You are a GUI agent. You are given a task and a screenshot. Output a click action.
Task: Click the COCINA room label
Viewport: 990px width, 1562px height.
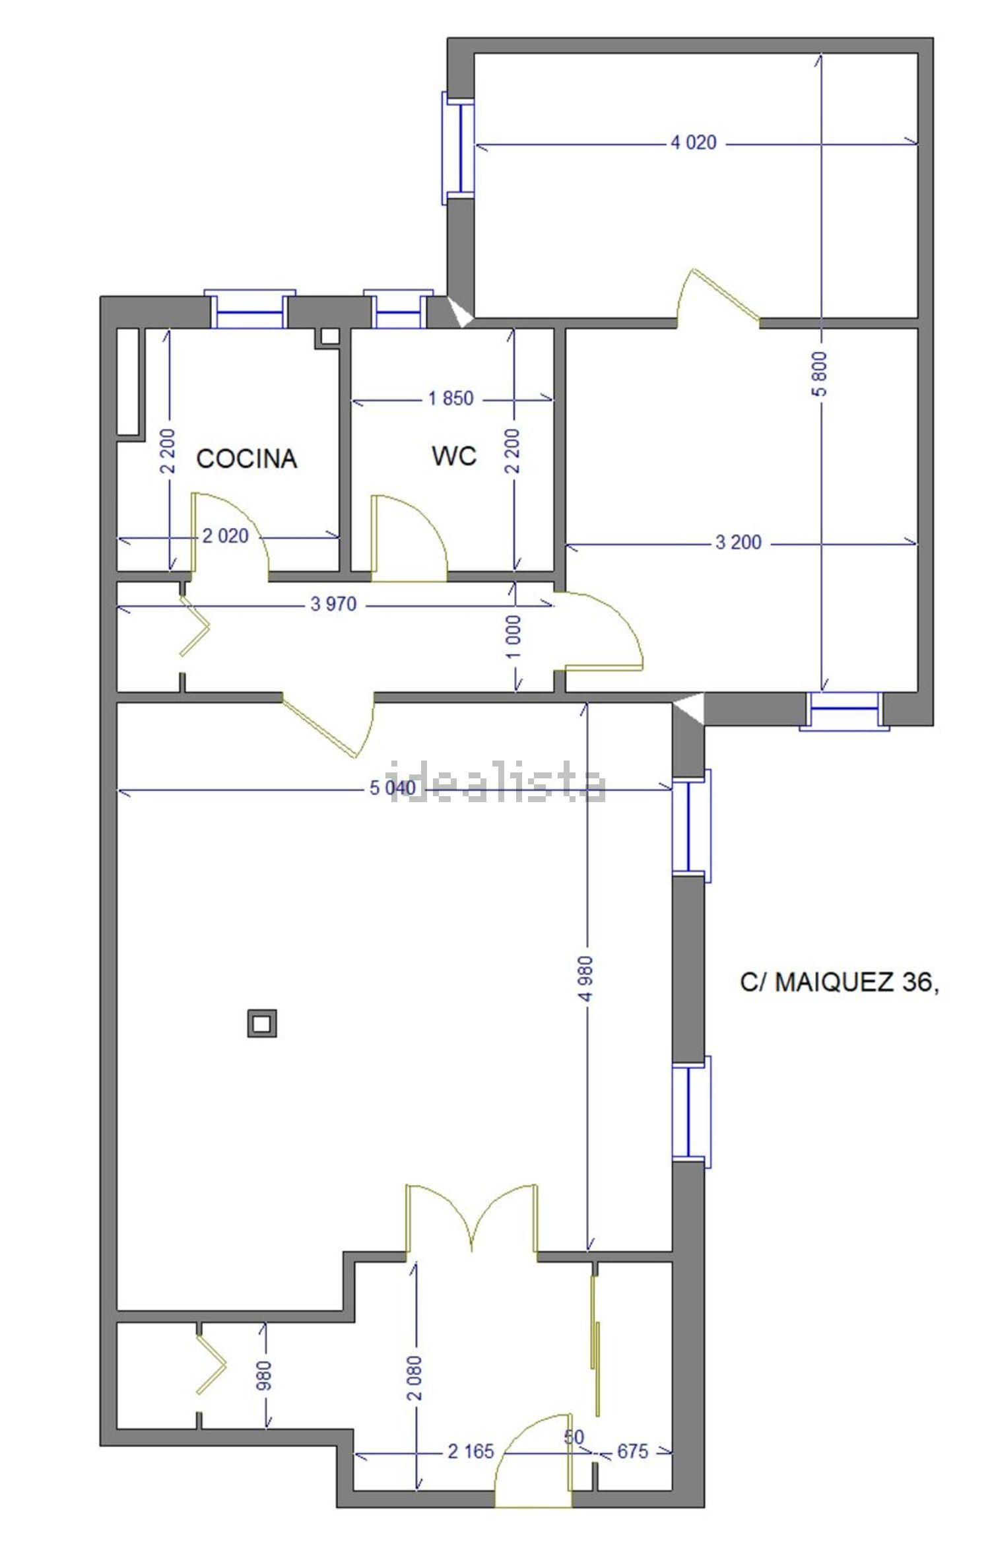coord(246,458)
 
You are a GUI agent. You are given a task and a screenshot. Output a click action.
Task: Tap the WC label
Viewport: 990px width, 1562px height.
coord(454,456)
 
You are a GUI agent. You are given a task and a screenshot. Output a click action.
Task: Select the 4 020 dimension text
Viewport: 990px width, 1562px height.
coord(693,143)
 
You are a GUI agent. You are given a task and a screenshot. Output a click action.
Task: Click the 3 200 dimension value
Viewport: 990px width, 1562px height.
coord(738,543)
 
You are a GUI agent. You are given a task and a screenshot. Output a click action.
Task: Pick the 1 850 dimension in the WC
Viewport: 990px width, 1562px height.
coord(451,399)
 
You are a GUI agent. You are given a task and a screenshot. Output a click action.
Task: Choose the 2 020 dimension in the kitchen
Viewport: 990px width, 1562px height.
coord(226,536)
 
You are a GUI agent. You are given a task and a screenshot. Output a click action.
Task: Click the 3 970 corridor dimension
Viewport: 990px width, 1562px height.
coord(333,603)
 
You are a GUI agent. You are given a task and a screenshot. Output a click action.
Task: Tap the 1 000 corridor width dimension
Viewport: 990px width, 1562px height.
coord(515,636)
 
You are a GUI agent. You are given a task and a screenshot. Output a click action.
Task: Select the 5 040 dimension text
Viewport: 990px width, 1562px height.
coord(393,788)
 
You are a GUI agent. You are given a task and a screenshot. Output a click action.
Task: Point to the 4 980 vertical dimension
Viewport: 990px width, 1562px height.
coord(587,979)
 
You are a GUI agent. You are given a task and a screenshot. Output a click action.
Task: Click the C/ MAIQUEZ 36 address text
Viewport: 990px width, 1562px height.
coord(838,983)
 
